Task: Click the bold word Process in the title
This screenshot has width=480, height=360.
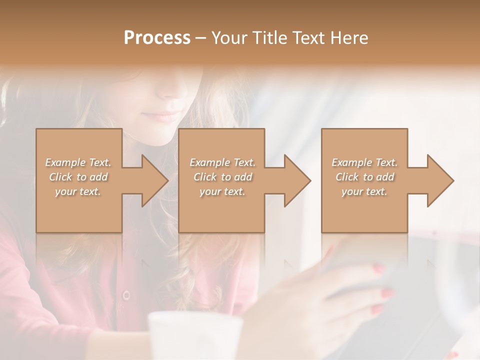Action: pyautogui.click(x=157, y=38)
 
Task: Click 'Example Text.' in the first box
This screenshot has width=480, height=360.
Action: pyautogui.click(x=78, y=162)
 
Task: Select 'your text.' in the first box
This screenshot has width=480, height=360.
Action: pyautogui.click(x=78, y=191)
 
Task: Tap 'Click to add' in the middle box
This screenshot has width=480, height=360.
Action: pyautogui.click(x=222, y=177)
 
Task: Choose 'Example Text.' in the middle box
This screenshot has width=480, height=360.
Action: pyautogui.click(x=222, y=162)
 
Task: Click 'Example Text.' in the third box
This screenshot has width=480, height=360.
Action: pyautogui.click(x=364, y=162)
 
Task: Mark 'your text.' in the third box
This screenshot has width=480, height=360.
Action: pyautogui.click(x=364, y=191)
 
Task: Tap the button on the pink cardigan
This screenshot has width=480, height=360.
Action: pyautogui.click(x=126, y=295)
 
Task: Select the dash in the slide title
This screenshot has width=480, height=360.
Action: pyautogui.click(x=201, y=38)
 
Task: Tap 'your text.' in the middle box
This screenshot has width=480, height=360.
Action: pyautogui.click(x=222, y=191)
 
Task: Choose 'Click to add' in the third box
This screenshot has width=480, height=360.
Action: pyautogui.click(x=364, y=177)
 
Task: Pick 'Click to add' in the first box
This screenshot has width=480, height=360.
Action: pyautogui.click(x=78, y=177)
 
